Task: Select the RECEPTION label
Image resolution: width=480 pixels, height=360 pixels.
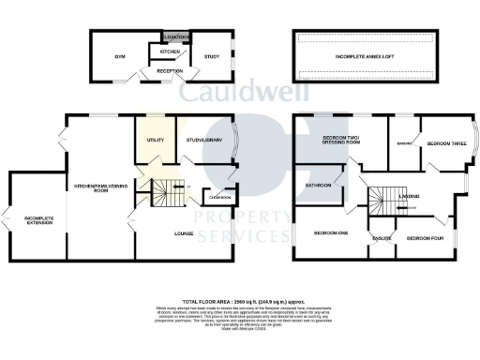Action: [170, 71]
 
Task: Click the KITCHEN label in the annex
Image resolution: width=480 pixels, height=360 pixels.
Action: [170, 51]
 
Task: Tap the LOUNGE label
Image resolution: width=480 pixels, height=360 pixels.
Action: [184, 231]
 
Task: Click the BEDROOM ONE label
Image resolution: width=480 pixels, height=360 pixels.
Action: [329, 232]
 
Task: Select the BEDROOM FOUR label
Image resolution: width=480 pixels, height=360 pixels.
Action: [425, 239]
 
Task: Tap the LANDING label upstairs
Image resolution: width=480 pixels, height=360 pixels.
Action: [409, 195]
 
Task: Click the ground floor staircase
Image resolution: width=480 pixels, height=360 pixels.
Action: [169, 194]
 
